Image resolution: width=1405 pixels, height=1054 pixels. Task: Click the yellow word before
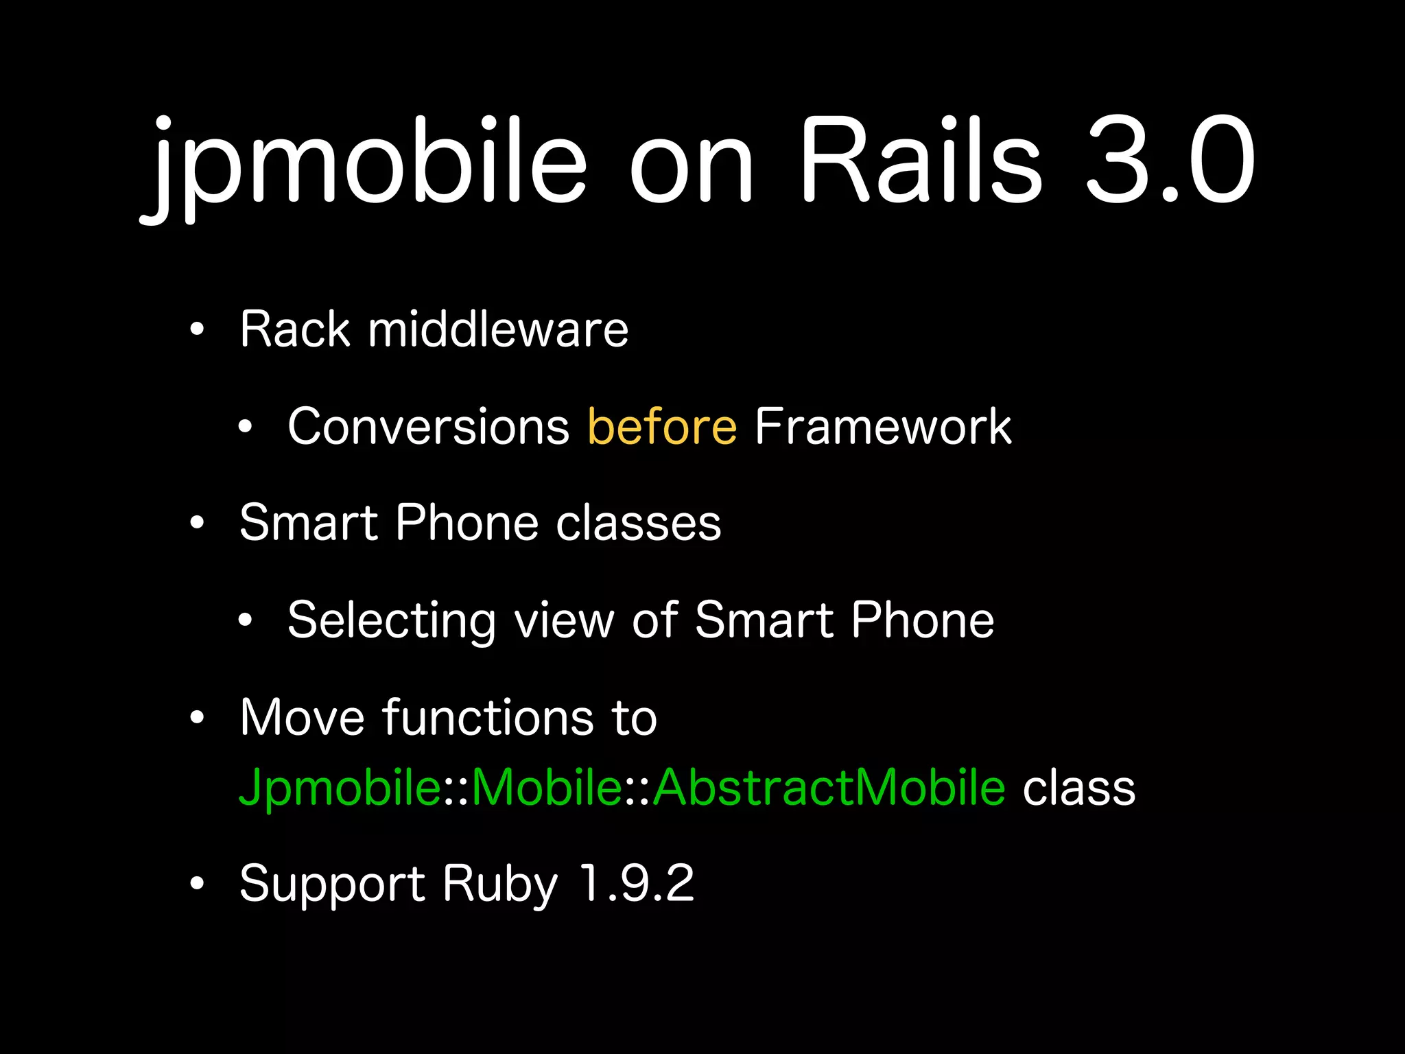click(x=662, y=427)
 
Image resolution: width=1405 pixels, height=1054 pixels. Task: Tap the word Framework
click(x=883, y=427)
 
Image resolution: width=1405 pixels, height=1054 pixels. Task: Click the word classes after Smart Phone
click(x=638, y=523)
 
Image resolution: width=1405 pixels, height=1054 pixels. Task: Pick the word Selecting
click(x=391, y=621)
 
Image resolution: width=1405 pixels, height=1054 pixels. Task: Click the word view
click(x=564, y=621)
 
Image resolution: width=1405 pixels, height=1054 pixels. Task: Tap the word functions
click(x=488, y=718)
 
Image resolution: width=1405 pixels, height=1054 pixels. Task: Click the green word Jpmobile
click(x=340, y=788)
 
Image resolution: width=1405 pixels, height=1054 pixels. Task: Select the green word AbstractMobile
click(x=829, y=788)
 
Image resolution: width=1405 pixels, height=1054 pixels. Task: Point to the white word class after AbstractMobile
click(x=1078, y=788)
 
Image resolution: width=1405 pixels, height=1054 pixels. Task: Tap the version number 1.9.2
click(x=637, y=884)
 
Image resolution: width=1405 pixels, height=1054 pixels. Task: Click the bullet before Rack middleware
click(x=198, y=330)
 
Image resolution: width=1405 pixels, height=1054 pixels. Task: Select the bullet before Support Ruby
click(x=198, y=884)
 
